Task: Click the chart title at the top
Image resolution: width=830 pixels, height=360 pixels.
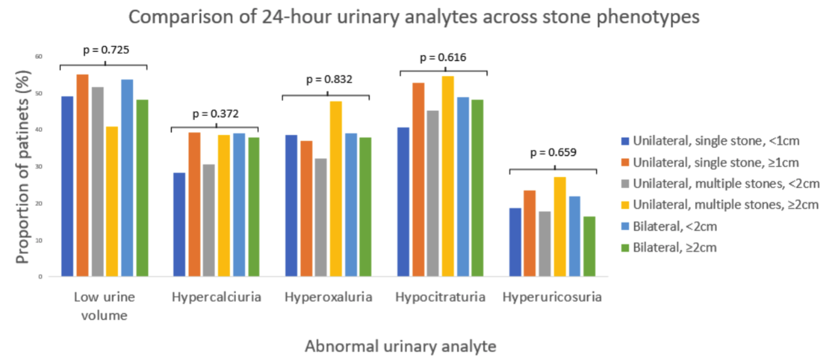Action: [414, 17]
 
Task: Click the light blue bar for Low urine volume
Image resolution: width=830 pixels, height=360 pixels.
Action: [127, 178]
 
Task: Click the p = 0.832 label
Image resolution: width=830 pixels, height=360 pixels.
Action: [328, 81]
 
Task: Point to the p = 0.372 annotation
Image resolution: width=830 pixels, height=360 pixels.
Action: [216, 113]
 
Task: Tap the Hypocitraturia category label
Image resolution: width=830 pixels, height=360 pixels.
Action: [440, 297]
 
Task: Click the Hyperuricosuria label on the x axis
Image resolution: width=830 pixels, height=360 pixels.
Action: [552, 297]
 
